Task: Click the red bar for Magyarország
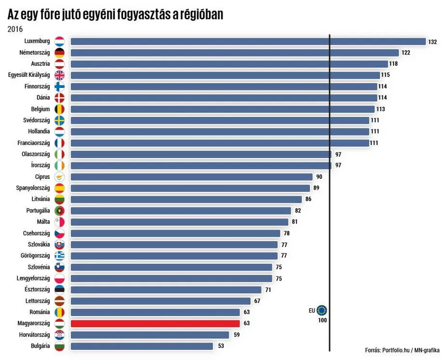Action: [x=155, y=323]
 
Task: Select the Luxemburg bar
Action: [x=248, y=42]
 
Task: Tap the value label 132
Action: [x=433, y=42]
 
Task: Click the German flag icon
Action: [x=59, y=53]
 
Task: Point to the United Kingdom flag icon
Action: [x=59, y=75]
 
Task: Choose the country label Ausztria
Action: [x=40, y=64]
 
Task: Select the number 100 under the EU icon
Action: [x=322, y=320]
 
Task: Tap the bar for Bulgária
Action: [x=142, y=346]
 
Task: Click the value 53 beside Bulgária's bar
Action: [x=221, y=346]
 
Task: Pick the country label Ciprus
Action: [x=43, y=177]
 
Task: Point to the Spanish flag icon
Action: [x=59, y=188]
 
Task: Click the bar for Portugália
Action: [x=181, y=211]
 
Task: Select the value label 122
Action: [x=405, y=53]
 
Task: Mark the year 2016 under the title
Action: [x=15, y=29]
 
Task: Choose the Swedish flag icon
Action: [x=59, y=120]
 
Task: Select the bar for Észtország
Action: [x=166, y=289]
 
